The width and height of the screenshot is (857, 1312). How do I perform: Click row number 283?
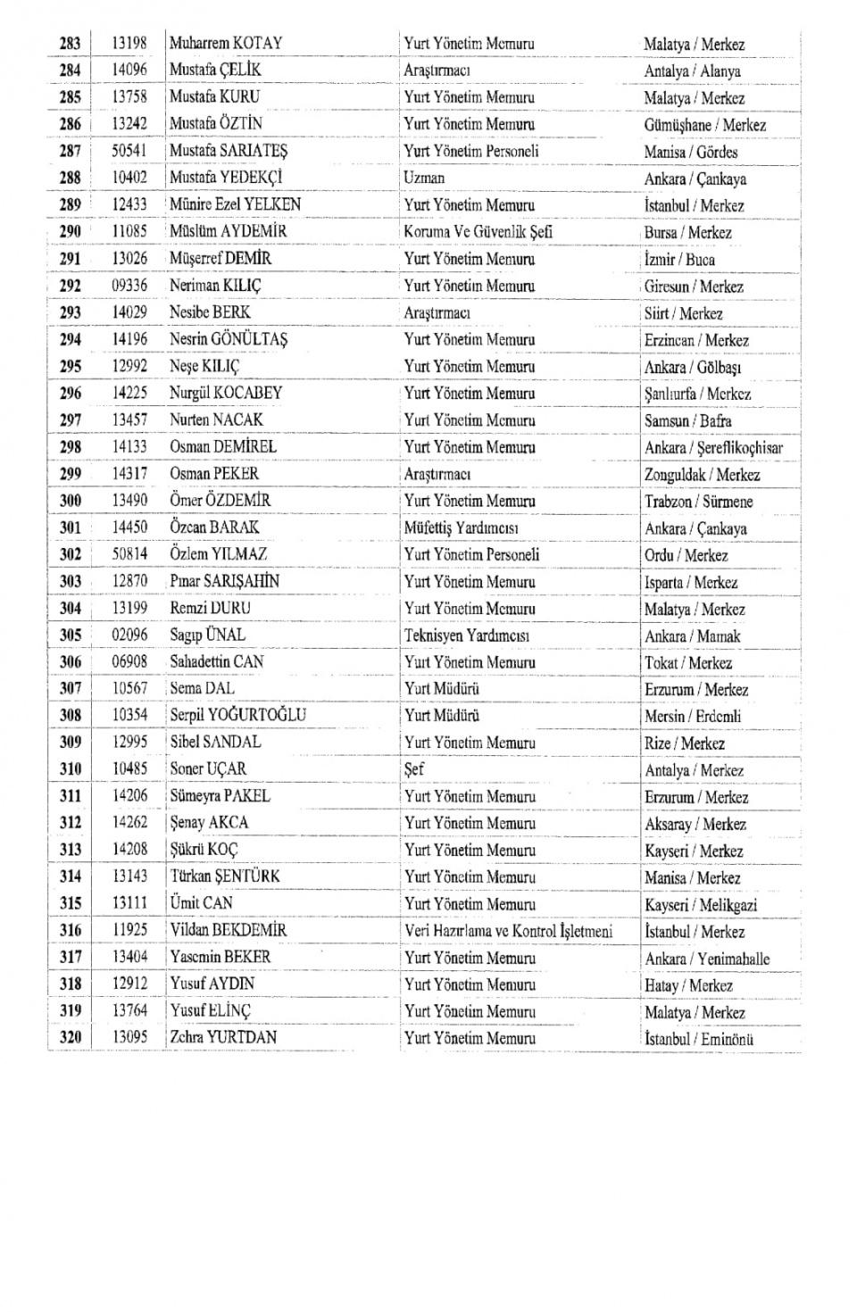[70, 43]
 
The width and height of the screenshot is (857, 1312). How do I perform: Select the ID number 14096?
[129, 70]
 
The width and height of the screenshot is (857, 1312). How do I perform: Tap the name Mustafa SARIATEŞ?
[229, 151]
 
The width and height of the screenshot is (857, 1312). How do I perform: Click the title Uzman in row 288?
[424, 178]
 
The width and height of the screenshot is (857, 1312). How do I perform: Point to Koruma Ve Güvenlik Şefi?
[478, 232]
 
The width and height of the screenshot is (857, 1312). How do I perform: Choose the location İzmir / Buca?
[679, 260]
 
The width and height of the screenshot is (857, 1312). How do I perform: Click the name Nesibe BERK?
[210, 312]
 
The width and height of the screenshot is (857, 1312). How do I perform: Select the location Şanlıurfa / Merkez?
[697, 394]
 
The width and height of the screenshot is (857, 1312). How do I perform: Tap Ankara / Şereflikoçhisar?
[713, 448]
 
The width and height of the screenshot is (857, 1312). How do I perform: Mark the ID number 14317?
[129, 474]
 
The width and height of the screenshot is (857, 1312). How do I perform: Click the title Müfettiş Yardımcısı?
[462, 528]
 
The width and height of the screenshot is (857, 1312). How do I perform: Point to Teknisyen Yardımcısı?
[467, 635]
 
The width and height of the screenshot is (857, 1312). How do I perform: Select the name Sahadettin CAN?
[217, 662]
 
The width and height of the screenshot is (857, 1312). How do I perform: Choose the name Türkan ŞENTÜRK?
[225, 876]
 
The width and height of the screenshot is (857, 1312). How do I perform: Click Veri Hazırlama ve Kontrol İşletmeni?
[509, 931]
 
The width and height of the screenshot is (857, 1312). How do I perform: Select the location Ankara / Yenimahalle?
[707, 959]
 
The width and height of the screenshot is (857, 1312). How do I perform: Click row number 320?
[70, 1037]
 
